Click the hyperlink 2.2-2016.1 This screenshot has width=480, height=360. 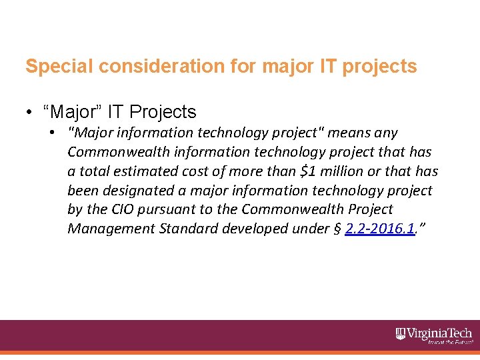(380, 229)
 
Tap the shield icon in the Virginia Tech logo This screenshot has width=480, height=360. (401, 333)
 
